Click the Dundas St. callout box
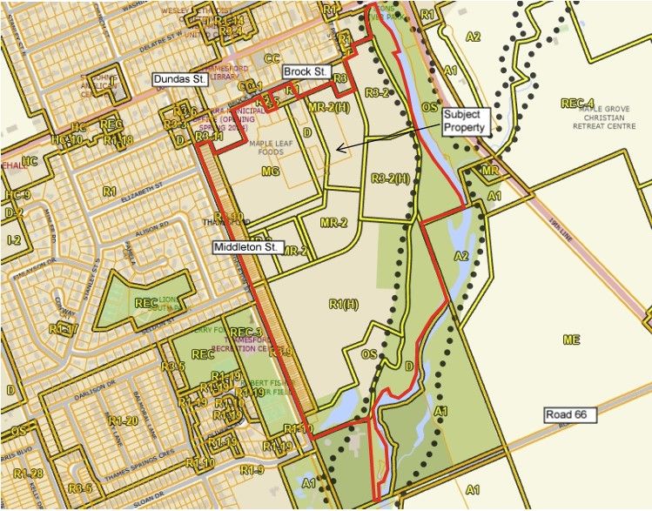click(x=180, y=79)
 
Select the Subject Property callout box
click(x=467, y=121)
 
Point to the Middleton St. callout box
click(x=246, y=247)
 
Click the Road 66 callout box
click(x=570, y=415)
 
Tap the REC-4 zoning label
click(x=578, y=104)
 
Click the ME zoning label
click(x=571, y=340)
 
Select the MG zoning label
click(x=270, y=171)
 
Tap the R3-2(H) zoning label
click(x=390, y=179)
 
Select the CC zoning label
click(x=272, y=58)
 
